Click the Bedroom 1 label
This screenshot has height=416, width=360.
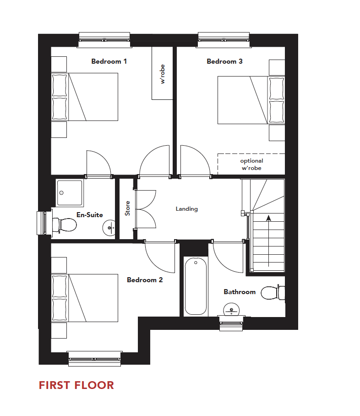tap(109, 61)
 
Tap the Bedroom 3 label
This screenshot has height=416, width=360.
tap(224, 61)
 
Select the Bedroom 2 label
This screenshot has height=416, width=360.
tap(145, 280)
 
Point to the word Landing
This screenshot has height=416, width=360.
tap(187, 209)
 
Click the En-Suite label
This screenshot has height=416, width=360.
tap(90, 215)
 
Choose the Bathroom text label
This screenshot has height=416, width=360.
tap(240, 292)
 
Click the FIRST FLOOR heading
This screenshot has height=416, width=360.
tap(76, 385)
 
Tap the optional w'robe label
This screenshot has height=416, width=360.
tap(252, 164)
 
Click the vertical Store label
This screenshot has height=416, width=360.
tap(128, 208)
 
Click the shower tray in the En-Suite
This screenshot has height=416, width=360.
tap(70, 192)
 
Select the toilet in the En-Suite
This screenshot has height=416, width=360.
tap(64, 225)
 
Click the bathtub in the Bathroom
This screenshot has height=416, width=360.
tap(196, 286)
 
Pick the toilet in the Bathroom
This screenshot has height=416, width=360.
tap(272, 292)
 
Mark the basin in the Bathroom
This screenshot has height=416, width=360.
tap(232, 310)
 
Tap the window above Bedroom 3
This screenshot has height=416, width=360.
tap(224, 40)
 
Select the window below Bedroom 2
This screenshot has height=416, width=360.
tap(95, 358)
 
